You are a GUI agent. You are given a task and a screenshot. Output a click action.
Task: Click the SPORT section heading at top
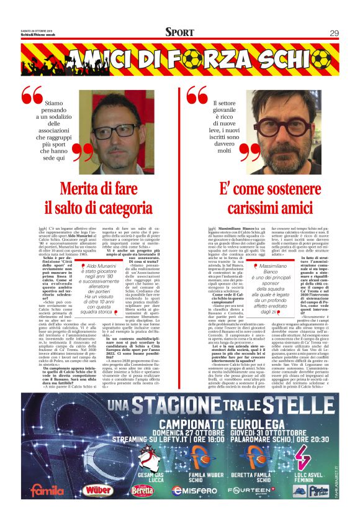click(x=179, y=33)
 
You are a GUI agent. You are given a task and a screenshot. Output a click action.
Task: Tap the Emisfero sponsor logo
click(x=194, y=490)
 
